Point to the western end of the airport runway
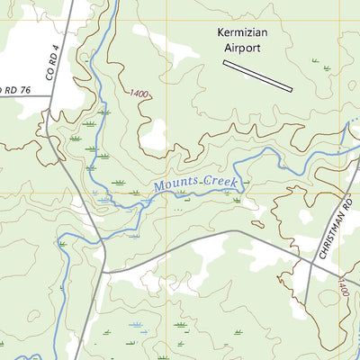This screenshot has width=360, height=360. (225, 63)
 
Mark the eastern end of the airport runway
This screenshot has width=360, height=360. (292, 89)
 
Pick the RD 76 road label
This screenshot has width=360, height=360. (11, 89)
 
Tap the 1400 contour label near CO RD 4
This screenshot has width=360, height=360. (139, 94)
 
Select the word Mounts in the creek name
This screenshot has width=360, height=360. (174, 185)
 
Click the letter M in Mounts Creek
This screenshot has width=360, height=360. (157, 188)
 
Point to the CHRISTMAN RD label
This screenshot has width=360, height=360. (332, 230)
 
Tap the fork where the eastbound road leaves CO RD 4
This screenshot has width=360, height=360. (105, 269)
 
